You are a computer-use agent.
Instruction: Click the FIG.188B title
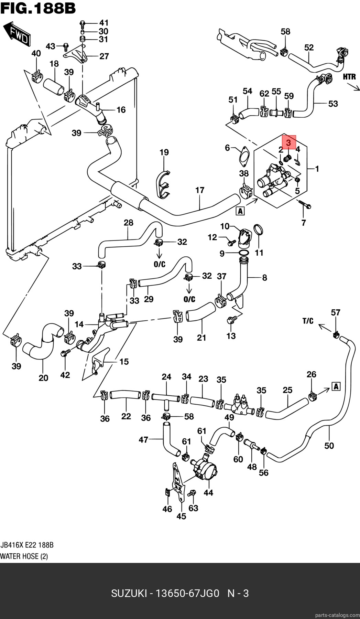pos(38,8)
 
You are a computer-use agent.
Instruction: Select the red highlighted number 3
pos(289,142)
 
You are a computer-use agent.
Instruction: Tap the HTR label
pos(349,77)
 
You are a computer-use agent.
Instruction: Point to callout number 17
pos(200,190)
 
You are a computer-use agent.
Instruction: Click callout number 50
pos(329,446)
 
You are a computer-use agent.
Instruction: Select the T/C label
pos(308,321)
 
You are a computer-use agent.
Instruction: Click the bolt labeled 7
pos(305,204)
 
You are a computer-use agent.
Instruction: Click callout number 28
pos(128,223)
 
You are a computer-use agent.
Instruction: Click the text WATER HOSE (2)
pos(24,556)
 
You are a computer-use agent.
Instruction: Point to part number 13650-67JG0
pos(187,593)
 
